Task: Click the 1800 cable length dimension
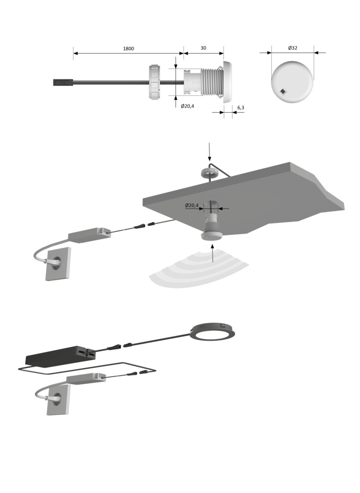coord(129,49)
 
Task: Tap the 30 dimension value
coord(203,48)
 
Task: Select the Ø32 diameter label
coord(292,48)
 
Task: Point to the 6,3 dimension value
coord(240,108)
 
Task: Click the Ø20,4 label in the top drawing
coord(188,106)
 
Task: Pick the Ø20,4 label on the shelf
coord(192,205)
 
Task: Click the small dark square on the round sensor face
coord(283,91)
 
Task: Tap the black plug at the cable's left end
coord(63,83)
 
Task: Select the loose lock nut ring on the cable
coord(155,82)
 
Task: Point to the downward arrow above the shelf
coord(209,152)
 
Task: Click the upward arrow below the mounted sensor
coord(213,255)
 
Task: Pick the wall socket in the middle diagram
coord(58,263)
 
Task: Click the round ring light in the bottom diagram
coord(213,332)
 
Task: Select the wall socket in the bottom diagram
coord(58,400)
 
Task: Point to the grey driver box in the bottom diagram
coord(86,378)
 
